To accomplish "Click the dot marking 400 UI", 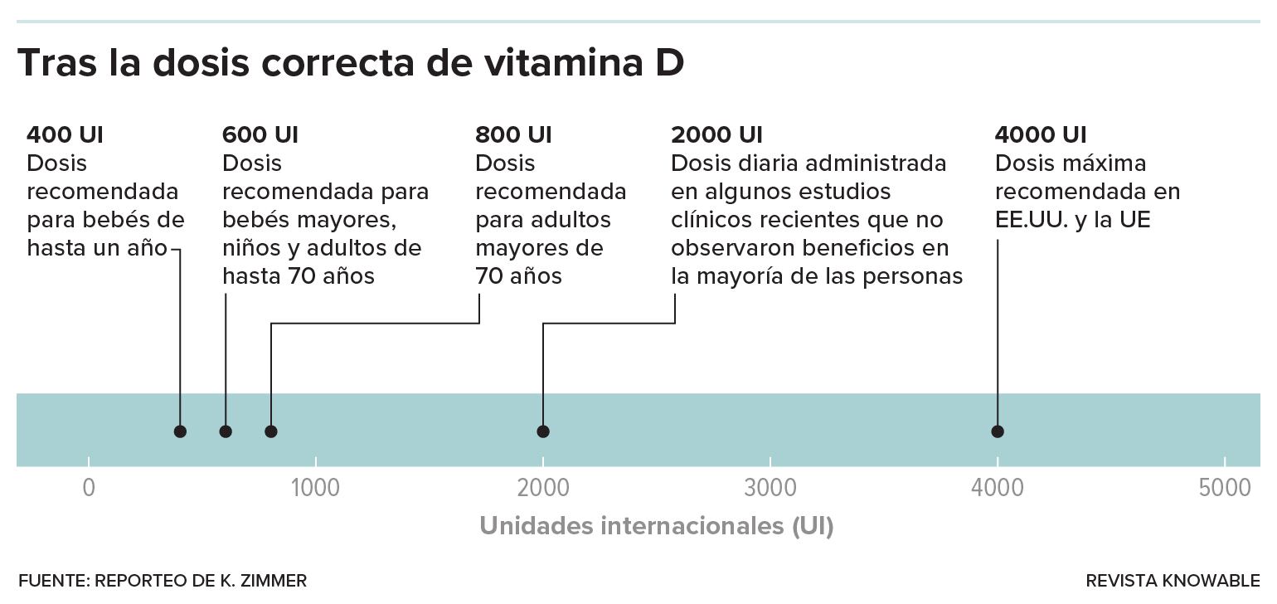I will pos(180,431).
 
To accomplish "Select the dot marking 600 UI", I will pos(226,431).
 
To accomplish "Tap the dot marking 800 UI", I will pos(270,431).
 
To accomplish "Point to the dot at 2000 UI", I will pos(543,431).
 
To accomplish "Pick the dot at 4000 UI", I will pos(998,431).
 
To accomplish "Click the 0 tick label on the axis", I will pos(89,488).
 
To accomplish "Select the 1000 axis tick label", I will pos(316,488).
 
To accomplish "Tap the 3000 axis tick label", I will pos(770,488).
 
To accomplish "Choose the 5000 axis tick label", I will pos(1224,488).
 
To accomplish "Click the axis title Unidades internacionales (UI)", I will pos(656,526).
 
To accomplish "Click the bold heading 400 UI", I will pos(65,135).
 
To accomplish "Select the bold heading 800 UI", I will pos(513,135).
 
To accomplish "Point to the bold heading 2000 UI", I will pos(716,135).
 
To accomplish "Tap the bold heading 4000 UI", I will pos(1040,135).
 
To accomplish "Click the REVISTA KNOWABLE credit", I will pos(1172,581).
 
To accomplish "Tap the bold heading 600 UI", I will pos(260,135).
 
